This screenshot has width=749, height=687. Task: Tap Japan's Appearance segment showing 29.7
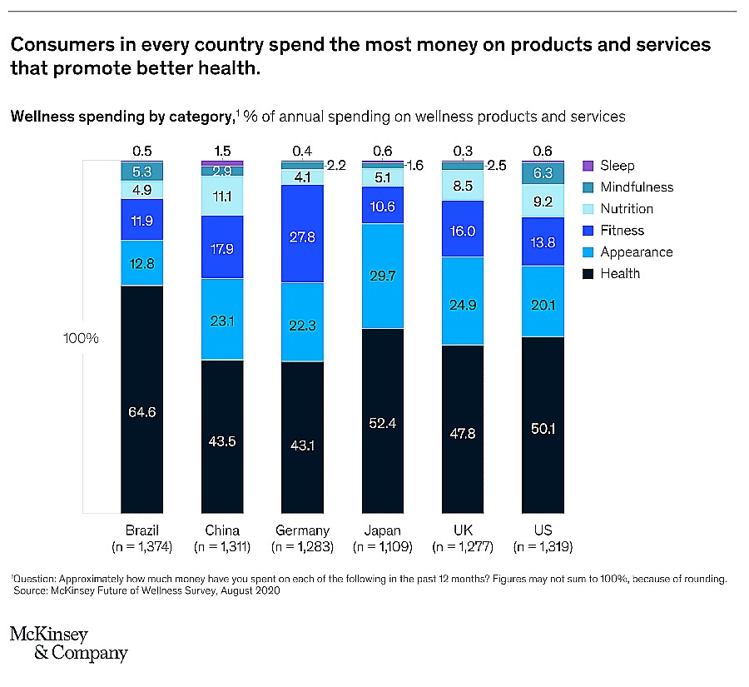point(382,276)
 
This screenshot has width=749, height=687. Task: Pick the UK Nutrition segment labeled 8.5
point(463,186)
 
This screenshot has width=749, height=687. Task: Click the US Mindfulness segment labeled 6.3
point(543,173)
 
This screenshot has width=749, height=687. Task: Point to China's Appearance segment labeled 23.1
point(222,319)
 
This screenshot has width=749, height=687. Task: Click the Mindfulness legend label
point(637,187)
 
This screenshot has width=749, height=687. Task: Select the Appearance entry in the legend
point(636,252)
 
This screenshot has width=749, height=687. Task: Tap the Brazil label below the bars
point(141,530)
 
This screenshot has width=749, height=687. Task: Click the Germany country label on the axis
point(302,530)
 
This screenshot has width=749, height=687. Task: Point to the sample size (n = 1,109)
point(382,547)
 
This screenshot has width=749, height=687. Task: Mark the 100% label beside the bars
point(81,339)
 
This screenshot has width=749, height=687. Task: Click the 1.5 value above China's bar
point(222,151)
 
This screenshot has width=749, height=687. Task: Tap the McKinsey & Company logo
point(68,644)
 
